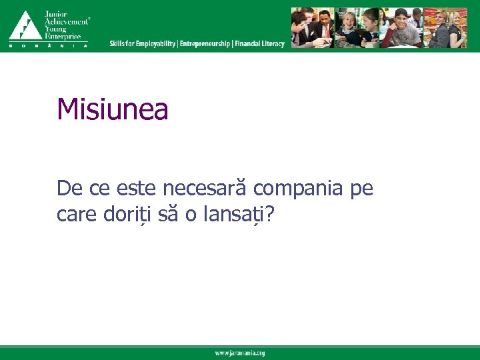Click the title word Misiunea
pyautogui.click(x=113, y=110)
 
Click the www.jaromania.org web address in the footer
pyautogui.click(x=239, y=353)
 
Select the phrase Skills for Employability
pyautogui.click(x=143, y=44)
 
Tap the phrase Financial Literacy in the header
pyautogui.click(x=259, y=44)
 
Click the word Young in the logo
pyautogui.click(x=56, y=29)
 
